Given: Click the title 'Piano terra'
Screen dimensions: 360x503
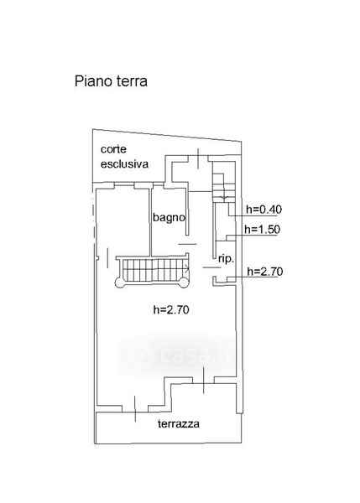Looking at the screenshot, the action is click(111, 81).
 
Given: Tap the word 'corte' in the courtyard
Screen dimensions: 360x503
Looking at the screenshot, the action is click(113, 149).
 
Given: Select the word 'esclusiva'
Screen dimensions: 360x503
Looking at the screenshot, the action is click(124, 164).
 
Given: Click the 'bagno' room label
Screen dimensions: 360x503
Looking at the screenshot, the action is click(169, 217).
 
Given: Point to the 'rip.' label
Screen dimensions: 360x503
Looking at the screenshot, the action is click(226, 259).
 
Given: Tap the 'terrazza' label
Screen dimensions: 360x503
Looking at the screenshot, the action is click(179, 423).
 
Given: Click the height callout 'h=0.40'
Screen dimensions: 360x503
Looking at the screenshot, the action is click(264, 210).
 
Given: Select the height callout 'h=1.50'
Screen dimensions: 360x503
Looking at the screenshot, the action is click(262, 230).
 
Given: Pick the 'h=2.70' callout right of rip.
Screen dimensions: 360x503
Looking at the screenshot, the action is click(265, 272).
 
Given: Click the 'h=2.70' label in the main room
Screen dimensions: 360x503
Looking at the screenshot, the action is click(171, 310).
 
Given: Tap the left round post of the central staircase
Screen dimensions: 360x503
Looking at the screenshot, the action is click(119, 283).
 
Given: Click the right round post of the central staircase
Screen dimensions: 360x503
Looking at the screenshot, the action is click(184, 283).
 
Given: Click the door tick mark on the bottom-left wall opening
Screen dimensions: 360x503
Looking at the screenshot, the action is click(135, 409).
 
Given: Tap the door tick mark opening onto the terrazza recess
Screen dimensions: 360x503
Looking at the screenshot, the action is click(204, 381).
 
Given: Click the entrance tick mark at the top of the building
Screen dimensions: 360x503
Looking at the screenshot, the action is click(198, 158).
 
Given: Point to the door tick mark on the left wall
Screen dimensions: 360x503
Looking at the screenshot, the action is click(107, 258).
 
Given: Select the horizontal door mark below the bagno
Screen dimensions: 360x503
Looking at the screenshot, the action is click(187, 245).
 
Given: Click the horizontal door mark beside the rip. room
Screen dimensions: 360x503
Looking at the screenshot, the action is click(211, 267).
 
